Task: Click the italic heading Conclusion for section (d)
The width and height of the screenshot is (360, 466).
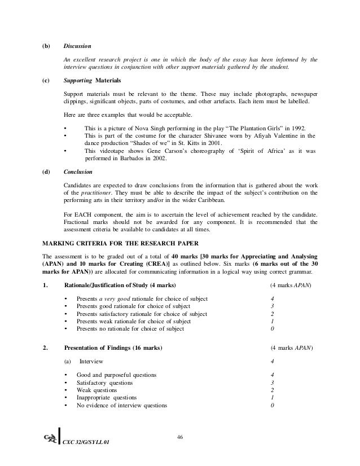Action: [x=78, y=172]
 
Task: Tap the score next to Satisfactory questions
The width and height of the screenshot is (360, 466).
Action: [x=273, y=383]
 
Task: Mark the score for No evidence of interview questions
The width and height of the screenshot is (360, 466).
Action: [x=273, y=406]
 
